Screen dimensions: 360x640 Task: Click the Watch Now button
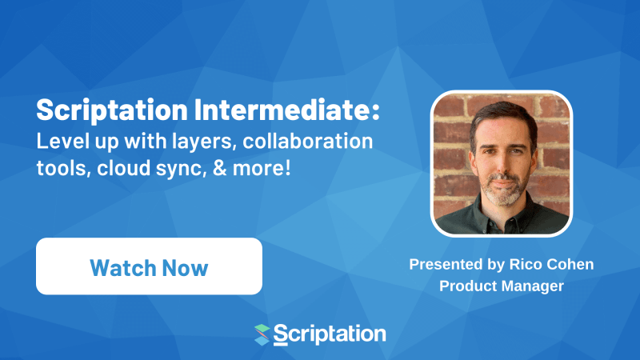coord(149,266)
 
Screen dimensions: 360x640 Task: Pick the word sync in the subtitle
coord(162,170)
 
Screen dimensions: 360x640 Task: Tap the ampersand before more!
coord(202,169)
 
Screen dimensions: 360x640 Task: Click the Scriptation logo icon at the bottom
coord(262,334)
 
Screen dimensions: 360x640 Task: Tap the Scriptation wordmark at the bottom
coord(330,333)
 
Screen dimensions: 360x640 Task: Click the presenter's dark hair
coord(501,119)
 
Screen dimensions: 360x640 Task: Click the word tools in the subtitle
coord(57,169)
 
